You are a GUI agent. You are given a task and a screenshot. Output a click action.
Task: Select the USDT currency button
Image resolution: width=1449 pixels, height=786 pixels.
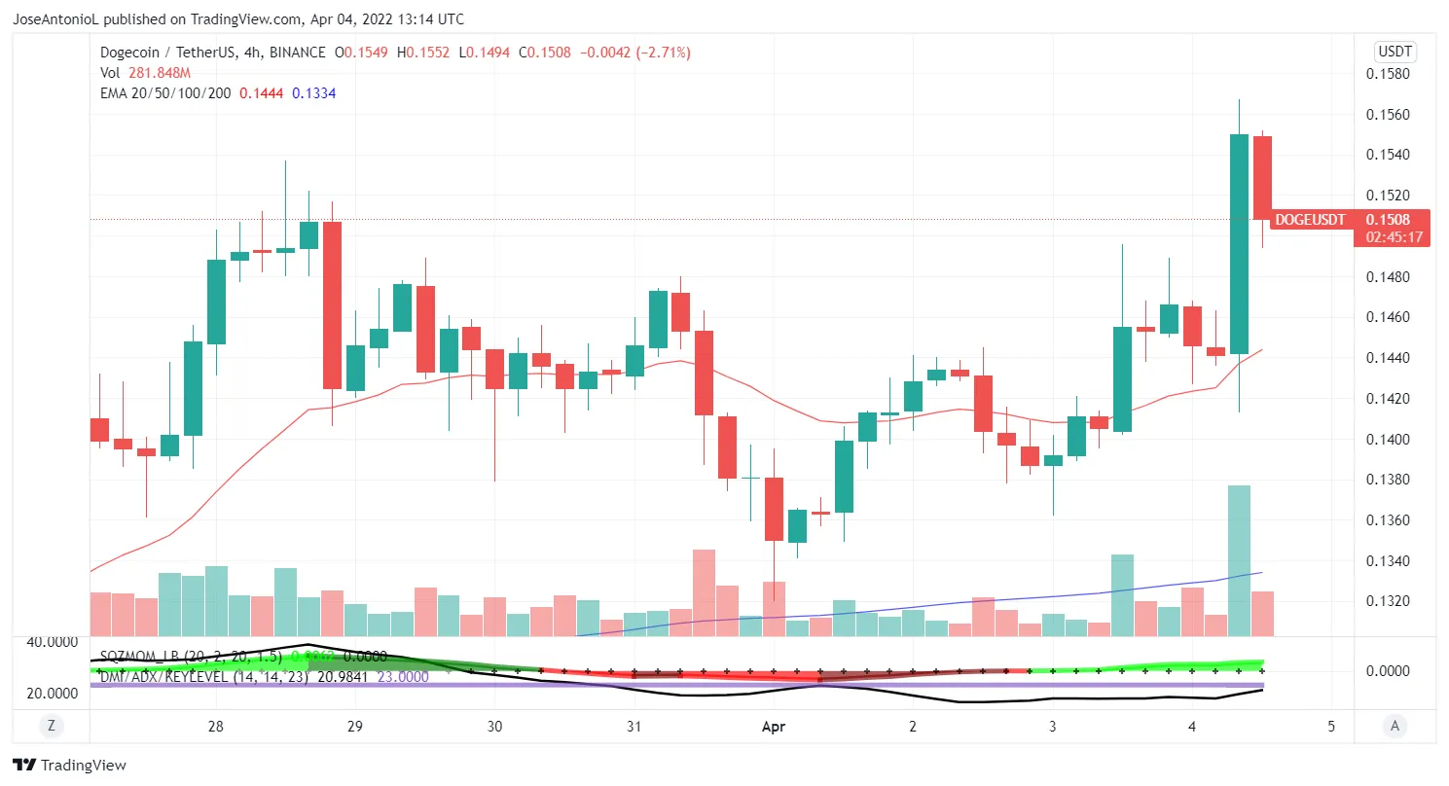(1395, 52)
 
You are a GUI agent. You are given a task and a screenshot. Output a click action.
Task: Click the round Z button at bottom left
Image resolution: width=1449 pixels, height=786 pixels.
(50, 725)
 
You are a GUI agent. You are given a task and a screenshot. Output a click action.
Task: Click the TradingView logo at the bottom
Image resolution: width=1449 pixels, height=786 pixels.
(69, 765)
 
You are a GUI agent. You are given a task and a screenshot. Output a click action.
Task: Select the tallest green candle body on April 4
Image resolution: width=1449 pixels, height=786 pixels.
(1239, 243)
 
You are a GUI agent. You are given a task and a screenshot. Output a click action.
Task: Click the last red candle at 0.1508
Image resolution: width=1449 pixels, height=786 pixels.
(1262, 177)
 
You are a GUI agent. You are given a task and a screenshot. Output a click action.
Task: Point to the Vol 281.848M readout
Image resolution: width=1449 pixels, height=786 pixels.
(145, 73)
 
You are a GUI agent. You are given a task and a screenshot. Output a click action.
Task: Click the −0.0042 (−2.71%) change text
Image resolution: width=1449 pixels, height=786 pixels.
(635, 53)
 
